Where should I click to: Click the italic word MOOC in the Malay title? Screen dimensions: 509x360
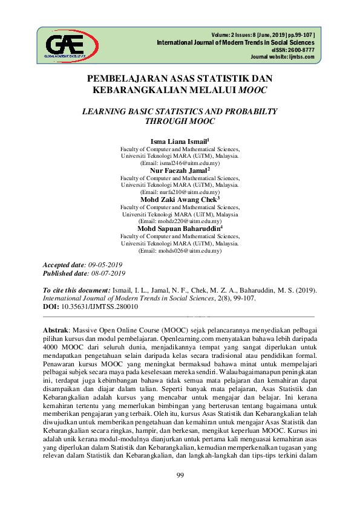click(x=254, y=89)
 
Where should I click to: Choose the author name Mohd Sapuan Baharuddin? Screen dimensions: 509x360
click(x=179, y=229)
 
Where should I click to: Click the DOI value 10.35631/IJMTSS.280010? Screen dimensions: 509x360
click(x=100, y=306)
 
